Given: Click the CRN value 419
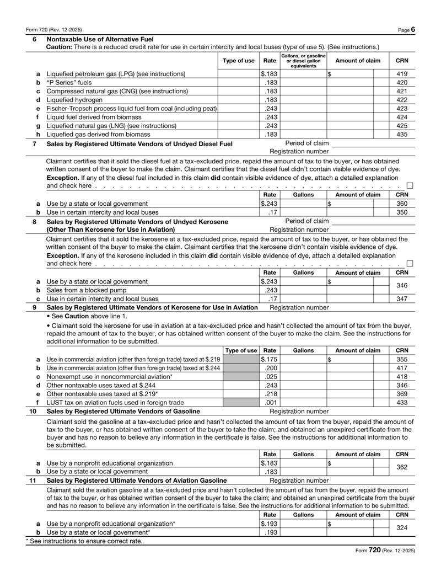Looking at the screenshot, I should [402, 73].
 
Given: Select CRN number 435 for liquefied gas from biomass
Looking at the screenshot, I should [402, 134].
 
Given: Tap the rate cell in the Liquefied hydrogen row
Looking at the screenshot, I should [270, 100].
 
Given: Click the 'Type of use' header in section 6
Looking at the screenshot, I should [238, 60].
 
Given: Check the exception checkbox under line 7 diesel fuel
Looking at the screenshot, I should [410, 185].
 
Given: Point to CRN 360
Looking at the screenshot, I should [402, 204].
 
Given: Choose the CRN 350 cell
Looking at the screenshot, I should [402, 212].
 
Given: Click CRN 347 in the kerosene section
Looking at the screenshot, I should [402, 298].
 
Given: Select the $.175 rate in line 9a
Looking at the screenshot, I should [268, 359].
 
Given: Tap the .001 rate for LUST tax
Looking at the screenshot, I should [270, 403].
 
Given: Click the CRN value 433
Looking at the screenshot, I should [402, 403].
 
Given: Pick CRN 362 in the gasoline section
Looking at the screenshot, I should [402, 467].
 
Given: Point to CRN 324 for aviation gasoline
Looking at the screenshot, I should [402, 527].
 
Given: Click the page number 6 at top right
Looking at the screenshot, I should [413, 29].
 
